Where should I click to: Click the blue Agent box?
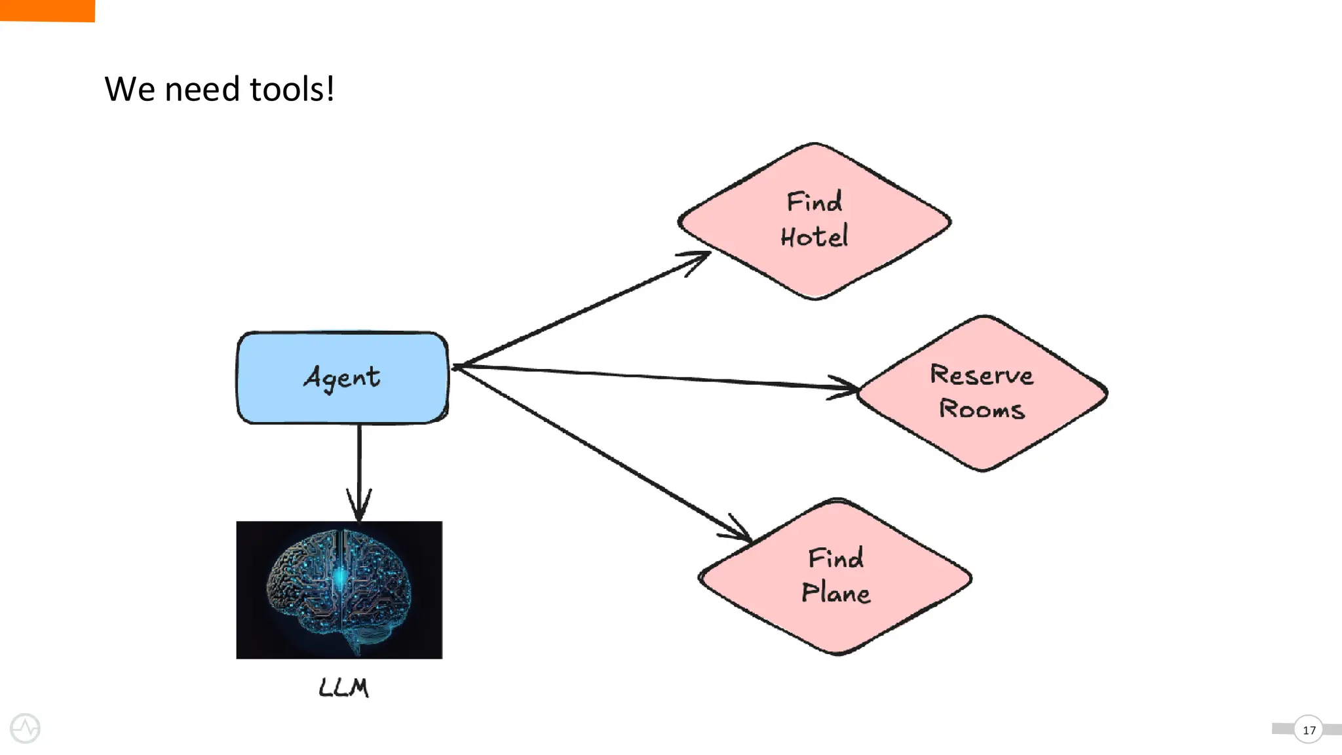point(342,378)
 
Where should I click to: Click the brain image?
point(339,590)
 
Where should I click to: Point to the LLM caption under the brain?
point(343,687)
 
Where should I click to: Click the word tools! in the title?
point(292,89)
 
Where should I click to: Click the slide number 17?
point(1309,730)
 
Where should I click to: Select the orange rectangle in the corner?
point(47,10)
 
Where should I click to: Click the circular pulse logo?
point(26,728)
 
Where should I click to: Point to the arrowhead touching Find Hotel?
point(700,259)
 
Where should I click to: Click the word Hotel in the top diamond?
point(815,237)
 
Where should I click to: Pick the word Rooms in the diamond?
point(982,409)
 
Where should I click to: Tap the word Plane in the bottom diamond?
point(835,592)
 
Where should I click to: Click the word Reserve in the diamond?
point(982,375)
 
